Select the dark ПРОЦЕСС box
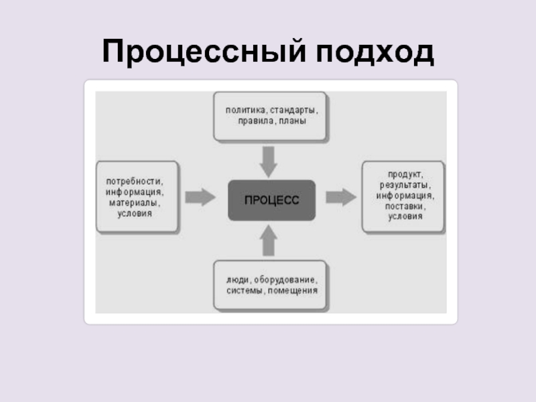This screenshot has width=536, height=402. [x=271, y=200]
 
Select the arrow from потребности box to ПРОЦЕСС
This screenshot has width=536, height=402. [x=200, y=197]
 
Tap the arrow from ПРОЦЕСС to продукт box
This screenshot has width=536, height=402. [x=340, y=197]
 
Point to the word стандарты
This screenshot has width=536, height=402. [x=292, y=109]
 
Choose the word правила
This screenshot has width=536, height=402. [x=253, y=121]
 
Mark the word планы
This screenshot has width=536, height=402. [x=293, y=121]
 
